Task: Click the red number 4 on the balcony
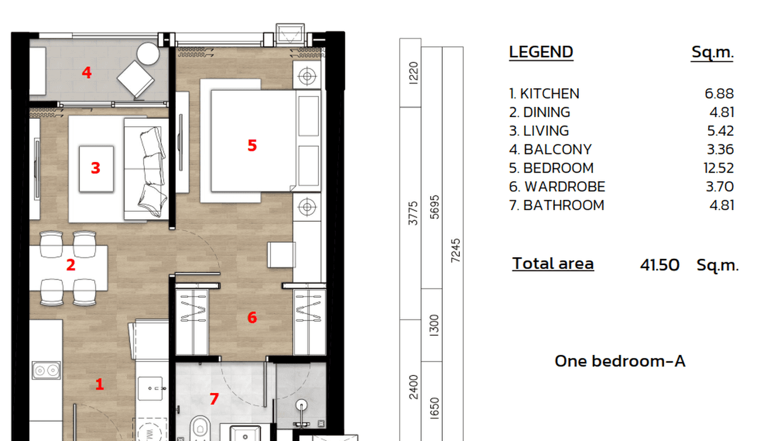pos(87,73)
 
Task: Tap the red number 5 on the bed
pos(252,146)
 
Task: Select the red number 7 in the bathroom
pos(214,399)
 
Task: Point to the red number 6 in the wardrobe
pos(252,318)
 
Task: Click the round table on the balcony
pos(148,54)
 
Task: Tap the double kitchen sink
pos(46,370)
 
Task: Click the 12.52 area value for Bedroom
pos(719,168)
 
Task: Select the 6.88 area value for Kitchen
pos(719,94)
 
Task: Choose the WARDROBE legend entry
pos(564,187)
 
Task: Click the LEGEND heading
pos(541,52)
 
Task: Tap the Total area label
pos(553,264)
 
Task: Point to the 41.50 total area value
pos(660,265)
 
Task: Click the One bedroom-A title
pos(619,361)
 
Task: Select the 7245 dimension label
pos(456,250)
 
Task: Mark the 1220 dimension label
pos(414,73)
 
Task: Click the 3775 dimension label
pos(413,213)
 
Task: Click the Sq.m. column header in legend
pos(712,53)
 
